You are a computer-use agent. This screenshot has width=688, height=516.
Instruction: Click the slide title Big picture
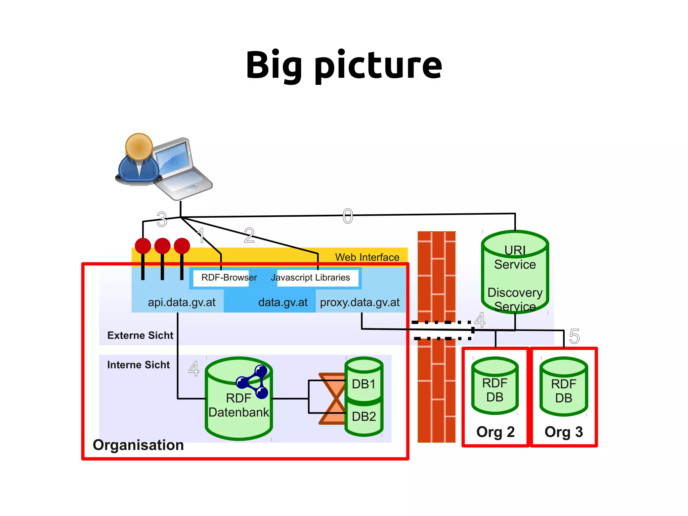(344, 66)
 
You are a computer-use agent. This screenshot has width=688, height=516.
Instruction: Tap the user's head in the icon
(139, 147)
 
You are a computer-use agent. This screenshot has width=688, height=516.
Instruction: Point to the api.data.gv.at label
(181, 302)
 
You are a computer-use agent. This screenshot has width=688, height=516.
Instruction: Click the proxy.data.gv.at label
(360, 302)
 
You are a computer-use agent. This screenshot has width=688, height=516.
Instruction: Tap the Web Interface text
(367, 257)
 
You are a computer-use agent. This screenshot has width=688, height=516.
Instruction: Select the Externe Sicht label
(140, 335)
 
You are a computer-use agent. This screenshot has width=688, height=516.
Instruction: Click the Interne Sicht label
(138, 365)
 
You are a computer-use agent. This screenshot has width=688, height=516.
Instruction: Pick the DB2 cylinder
(364, 417)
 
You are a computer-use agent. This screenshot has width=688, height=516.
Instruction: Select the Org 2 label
(496, 432)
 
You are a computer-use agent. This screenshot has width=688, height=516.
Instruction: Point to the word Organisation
(138, 445)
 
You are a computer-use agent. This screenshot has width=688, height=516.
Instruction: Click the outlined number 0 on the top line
(348, 216)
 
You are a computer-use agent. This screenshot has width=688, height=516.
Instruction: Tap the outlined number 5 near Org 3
(574, 336)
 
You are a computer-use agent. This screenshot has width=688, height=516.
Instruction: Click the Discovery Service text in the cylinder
(515, 299)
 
